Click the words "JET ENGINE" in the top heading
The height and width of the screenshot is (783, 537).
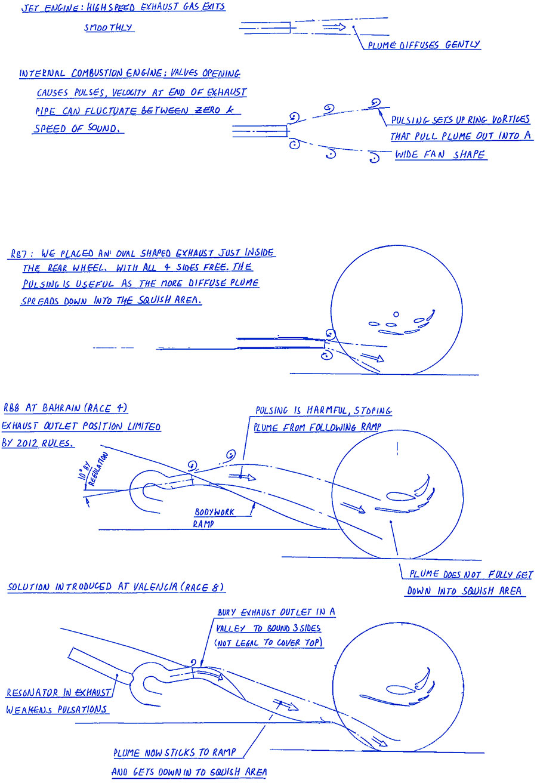pyautogui.click(x=51, y=8)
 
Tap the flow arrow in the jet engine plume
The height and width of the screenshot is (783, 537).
pyautogui.click(x=334, y=27)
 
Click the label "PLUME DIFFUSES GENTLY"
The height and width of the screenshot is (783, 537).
pyautogui.click(x=424, y=45)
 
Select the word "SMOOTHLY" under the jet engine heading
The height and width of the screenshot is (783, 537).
pyautogui.click(x=109, y=27)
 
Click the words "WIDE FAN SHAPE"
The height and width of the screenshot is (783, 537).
pyautogui.click(x=440, y=155)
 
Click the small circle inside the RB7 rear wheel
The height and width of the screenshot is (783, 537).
pyautogui.click(x=396, y=315)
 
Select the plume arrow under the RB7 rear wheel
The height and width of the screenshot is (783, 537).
pyautogui.click(x=372, y=357)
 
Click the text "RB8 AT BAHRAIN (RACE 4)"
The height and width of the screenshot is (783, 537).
pyautogui.click(x=65, y=408)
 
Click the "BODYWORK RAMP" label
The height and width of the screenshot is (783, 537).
pyautogui.click(x=214, y=517)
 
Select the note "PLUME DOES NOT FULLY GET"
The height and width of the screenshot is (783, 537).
pyautogui.click(x=471, y=574)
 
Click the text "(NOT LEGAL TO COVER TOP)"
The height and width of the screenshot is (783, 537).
pyautogui.click(x=268, y=643)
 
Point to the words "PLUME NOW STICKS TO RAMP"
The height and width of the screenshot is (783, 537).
pyautogui.click(x=175, y=752)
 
